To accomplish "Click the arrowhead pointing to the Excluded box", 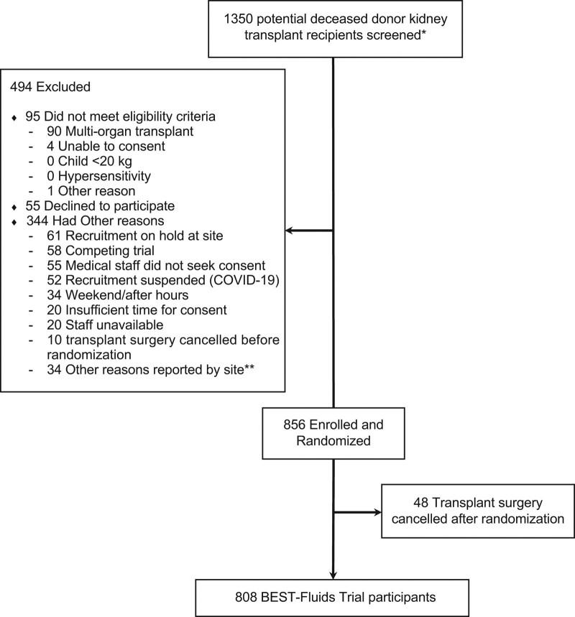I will (x=290, y=231).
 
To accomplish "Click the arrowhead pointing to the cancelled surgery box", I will (x=379, y=513).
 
